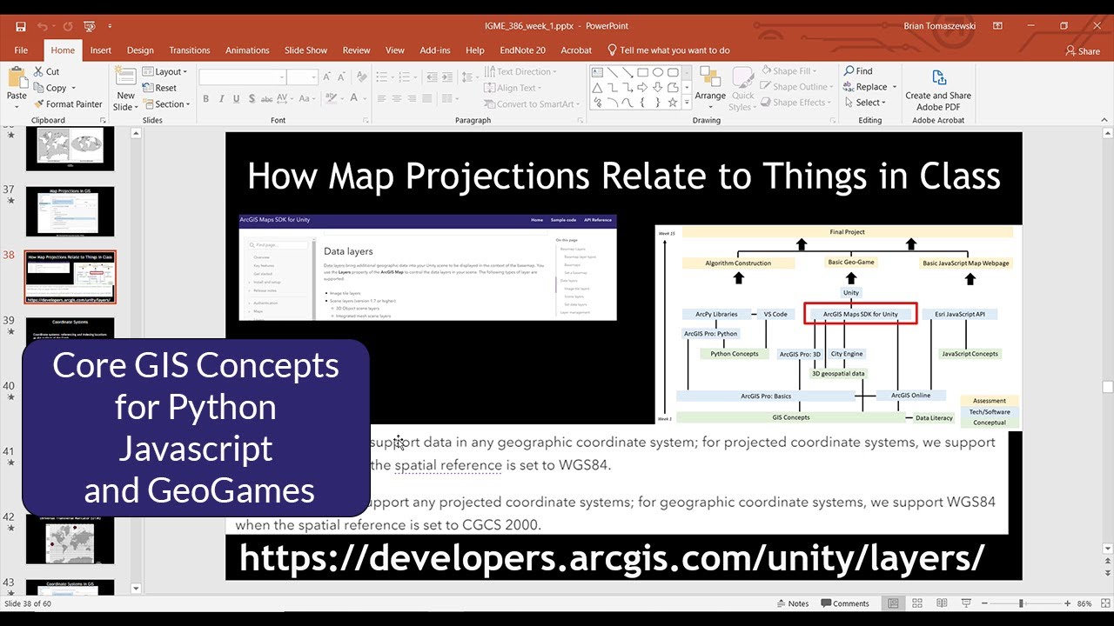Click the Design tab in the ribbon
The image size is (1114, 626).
[x=140, y=50]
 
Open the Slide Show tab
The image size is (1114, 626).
[x=305, y=50]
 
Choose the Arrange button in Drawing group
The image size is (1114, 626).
[x=710, y=88]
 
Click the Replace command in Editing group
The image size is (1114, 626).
[x=865, y=87]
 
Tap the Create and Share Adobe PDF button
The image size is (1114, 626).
[x=938, y=90]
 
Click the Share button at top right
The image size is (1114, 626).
[x=1083, y=50]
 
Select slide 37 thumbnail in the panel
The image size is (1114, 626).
[x=70, y=211]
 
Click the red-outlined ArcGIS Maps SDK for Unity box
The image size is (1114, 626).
[x=860, y=314]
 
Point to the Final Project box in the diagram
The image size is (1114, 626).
[x=847, y=232]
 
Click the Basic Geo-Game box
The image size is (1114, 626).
[x=850, y=263]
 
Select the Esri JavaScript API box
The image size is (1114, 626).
[x=959, y=314]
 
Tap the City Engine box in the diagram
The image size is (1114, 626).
[x=847, y=354]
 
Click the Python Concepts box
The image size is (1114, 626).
[x=734, y=354]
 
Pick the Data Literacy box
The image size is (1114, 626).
[x=934, y=418]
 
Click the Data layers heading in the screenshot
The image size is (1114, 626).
[x=348, y=251]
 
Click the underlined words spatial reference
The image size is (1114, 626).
[x=447, y=465]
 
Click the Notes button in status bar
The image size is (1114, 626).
[x=792, y=603]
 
